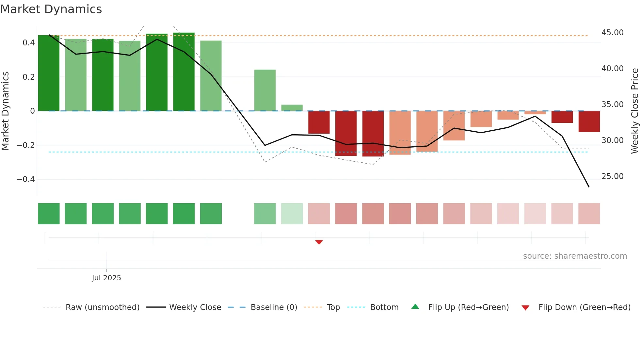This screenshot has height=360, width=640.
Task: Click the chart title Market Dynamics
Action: (x=51, y=9)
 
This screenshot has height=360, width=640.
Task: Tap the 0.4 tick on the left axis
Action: (x=29, y=43)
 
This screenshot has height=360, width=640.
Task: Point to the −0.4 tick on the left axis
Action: (x=26, y=179)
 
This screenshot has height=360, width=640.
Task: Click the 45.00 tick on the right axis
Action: (x=612, y=33)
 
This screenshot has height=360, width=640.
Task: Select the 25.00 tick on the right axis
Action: (x=612, y=176)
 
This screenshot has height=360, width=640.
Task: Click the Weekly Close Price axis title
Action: (x=634, y=111)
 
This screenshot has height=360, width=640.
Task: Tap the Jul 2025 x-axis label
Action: (x=106, y=278)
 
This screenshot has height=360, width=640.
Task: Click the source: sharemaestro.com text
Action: (x=575, y=256)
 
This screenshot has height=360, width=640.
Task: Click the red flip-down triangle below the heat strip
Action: (x=319, y=242)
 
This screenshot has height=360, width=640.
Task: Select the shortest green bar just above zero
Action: (x=292, y=108)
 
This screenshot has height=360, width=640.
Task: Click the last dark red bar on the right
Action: (x=589, y=122)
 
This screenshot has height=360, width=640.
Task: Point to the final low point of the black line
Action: (x=589, y=187)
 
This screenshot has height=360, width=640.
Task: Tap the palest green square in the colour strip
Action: (x=292, y=214)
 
